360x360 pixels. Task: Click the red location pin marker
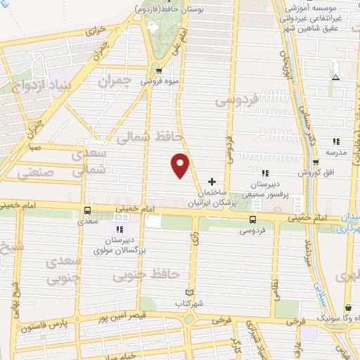[181, 165]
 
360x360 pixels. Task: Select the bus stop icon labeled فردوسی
[252, 220]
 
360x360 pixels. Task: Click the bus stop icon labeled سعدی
[88, 210]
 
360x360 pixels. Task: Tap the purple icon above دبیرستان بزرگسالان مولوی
[117, 229]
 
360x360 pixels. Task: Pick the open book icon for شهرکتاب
[188, 292]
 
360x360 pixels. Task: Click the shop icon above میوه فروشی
[159, 71]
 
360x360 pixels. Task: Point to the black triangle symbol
[335, 77]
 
